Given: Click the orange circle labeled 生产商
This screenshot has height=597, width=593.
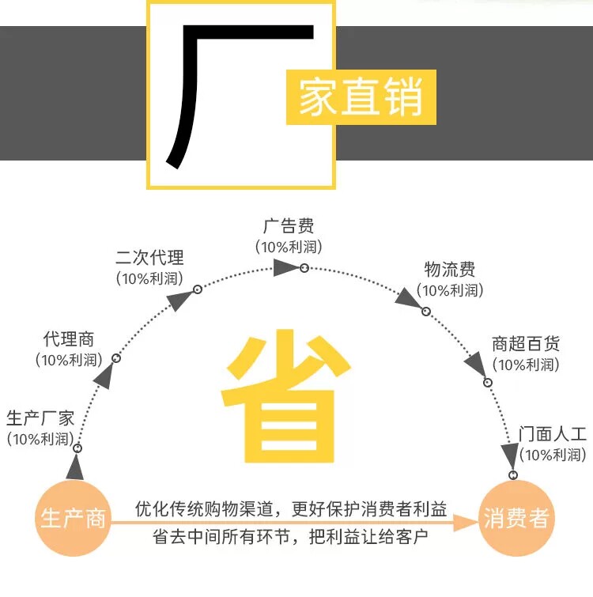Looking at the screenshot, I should click(x=74, y=519).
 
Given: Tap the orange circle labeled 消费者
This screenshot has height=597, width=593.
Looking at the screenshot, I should click(x=516, y=519).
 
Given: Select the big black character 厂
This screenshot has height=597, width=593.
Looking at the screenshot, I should click(x=237, y=91).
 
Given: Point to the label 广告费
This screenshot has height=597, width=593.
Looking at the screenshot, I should click(x=289, y=228).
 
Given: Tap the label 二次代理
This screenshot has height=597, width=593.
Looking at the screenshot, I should click(x=149, y=258).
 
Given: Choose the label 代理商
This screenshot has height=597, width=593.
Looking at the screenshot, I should click(x=69, y=340).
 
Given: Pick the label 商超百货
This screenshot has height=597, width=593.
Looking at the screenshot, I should click(x=526, y=344).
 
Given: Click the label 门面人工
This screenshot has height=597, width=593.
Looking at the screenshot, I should click(x=553, y=434).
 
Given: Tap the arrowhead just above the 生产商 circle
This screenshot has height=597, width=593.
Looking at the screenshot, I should click(x=75, y=468).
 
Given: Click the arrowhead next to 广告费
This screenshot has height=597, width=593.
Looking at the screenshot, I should click(x=284, y=268).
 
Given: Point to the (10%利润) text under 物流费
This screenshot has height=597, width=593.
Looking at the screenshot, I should click(x=451, y=290).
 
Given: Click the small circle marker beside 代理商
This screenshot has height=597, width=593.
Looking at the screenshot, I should click(x=116, y=358).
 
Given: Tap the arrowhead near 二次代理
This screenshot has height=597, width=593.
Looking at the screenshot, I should click(x=180, y=300).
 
